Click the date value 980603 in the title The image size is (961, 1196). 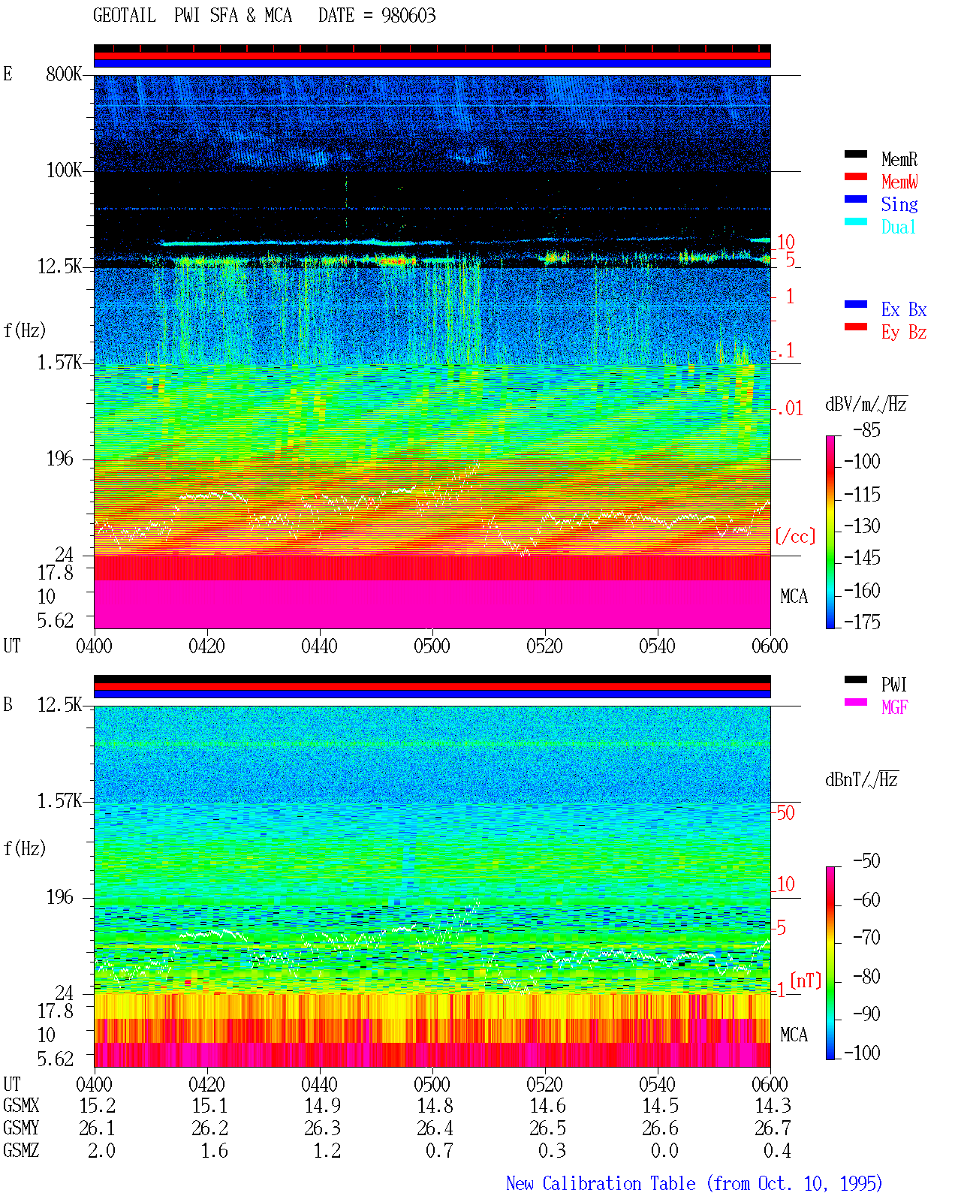(408, 16)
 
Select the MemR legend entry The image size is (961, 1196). (899, 159)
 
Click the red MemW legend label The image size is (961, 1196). (899, 182)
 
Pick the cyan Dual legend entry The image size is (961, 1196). (898, 227)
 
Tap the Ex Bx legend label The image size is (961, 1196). (904, 309)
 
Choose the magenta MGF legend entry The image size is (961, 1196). (894, 707)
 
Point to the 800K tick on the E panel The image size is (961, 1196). (64, 74)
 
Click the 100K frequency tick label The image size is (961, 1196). (64, 170)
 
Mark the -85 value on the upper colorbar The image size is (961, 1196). (866, 430)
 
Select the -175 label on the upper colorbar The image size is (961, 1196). (862, 622)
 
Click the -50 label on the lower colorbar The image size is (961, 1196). (866, 861)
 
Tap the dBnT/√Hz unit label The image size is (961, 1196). (861, 780)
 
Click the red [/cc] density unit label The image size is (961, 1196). (795, 536)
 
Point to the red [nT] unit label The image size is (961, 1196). (806, 981)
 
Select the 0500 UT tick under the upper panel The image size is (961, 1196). (432, 646)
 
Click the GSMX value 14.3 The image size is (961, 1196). (773, 1106)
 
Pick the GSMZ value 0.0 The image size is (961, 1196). (664, 1150)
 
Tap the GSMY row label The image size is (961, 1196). (21, 1128)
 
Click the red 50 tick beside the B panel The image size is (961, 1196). (785, 813)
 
